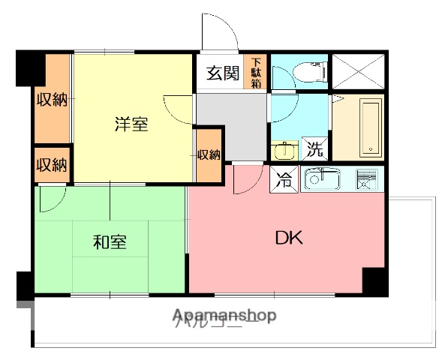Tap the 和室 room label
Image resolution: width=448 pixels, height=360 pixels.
[110, 242]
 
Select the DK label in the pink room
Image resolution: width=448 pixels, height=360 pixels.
[288, 239]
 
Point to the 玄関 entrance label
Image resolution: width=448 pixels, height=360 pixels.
[222, 73]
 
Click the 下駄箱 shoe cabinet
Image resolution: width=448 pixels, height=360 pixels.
[257, 73]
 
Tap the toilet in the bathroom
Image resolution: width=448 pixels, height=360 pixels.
[309, 73]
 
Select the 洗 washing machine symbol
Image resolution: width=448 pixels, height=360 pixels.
[314, 148]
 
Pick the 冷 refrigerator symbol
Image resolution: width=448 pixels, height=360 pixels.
[285, 181]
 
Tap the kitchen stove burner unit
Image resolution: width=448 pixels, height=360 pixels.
[365, 180]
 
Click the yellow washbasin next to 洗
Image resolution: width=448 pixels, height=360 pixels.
[284, 151]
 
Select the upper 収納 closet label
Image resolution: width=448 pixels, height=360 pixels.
[52, 99]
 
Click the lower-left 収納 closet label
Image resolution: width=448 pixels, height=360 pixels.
[52, 164]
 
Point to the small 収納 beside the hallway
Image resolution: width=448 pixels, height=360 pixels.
[209, 155]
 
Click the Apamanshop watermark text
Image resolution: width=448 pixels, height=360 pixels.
[225, 316]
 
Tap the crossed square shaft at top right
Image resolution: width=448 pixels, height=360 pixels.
[357, 72]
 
